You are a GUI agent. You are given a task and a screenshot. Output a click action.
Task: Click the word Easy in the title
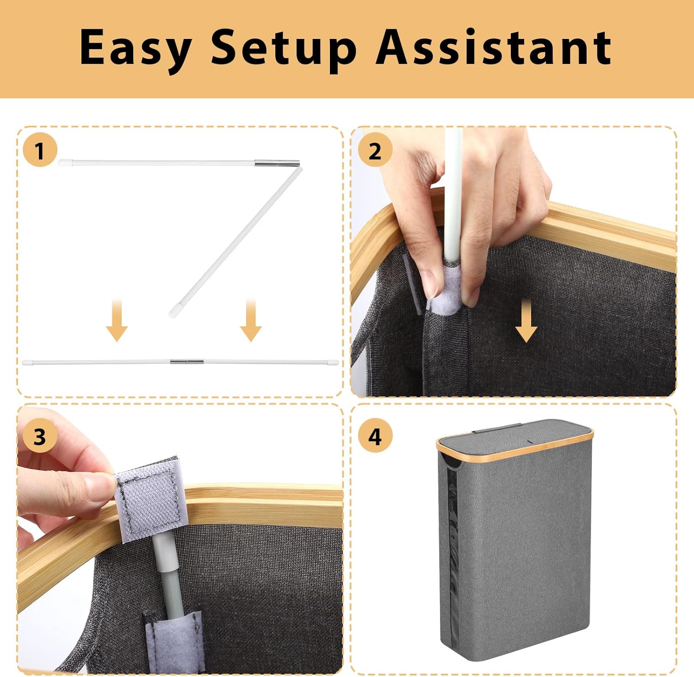click(x=136, y=49)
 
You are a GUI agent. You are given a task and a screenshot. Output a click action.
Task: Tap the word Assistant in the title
click(x=494, y=47)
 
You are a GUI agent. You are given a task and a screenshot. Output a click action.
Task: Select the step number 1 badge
click(x=40, y=150)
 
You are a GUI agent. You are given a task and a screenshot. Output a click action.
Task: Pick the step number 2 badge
click(x=375, y=150)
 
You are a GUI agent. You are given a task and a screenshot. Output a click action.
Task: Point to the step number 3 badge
click(x=40, y=436)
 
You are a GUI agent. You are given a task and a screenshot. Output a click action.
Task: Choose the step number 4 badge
click(x=375, y=436)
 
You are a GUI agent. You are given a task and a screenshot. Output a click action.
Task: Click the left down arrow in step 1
click(x=117, y=320)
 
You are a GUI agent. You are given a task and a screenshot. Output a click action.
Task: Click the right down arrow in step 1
click(x=251, y=320)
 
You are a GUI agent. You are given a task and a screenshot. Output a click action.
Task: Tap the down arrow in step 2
click(x=527, y=320)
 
